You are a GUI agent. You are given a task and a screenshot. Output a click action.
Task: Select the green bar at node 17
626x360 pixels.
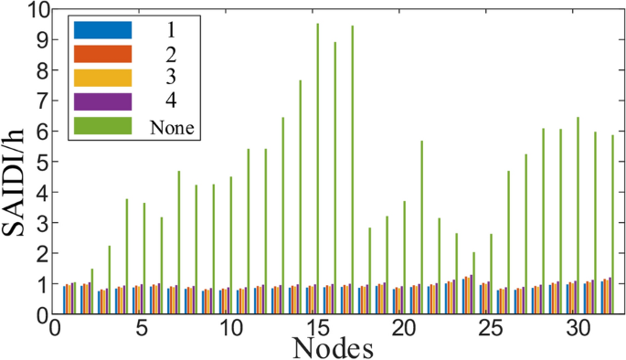click(352, 170)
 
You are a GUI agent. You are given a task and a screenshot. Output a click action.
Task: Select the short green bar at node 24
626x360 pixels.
click(473, 283)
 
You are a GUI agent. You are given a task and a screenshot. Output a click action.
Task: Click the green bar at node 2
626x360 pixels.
click(92, 291)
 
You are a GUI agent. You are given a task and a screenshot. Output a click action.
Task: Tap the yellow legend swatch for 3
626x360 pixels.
click(102, 78)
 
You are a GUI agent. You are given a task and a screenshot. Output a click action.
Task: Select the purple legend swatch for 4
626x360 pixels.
click(102, 101)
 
